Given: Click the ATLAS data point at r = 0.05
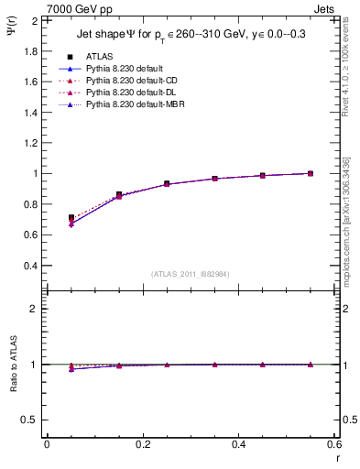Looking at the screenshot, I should click(71, 218).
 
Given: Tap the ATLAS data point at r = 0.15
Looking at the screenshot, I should click(119, 194).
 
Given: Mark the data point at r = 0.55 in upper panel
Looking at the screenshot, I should click(311, 173).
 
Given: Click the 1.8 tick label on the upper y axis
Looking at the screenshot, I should click(29, 50).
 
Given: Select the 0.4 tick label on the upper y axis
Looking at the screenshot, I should click(29, 266).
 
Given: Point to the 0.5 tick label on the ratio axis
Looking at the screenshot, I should click(29, 420).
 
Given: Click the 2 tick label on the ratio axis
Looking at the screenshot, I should click(34, 309).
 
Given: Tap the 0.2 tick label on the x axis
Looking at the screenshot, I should click(142, 444).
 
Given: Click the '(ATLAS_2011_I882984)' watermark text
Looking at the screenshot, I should click(191, 273).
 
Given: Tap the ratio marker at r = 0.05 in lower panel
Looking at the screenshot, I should click(71, 368).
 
